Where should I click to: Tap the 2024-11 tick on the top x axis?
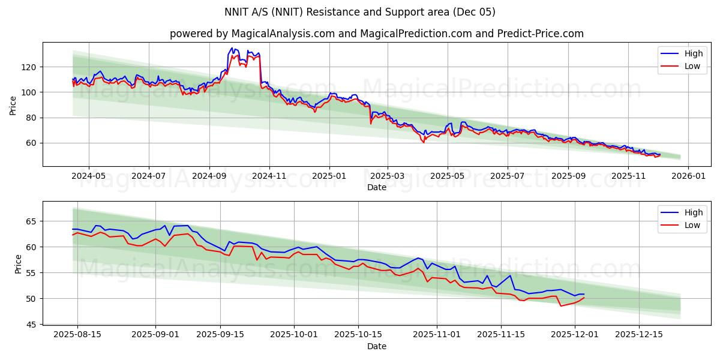point(269,176)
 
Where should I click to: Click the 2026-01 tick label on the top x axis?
point(688,176)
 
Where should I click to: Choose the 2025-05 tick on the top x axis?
point(447,176)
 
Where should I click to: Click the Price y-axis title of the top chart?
point(13,105)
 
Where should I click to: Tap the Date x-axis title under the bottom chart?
point(376,346)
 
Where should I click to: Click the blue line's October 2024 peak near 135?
point(232,48)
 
